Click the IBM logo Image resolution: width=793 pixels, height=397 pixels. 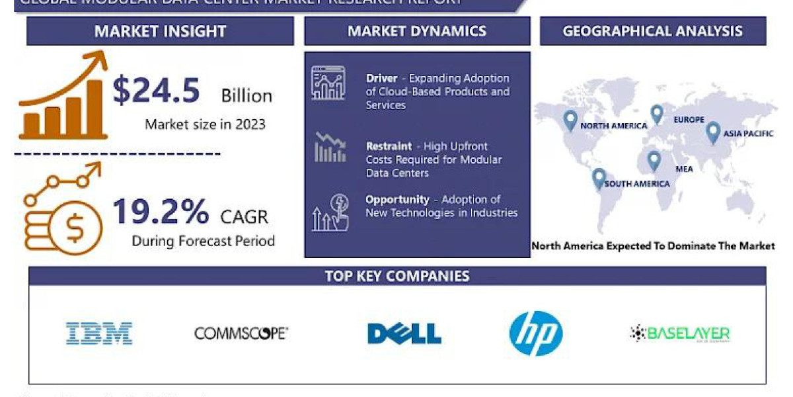pos(99,333)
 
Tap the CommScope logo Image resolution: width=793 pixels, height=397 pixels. pos(241,333)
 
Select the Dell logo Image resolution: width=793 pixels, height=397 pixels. pos(404,333)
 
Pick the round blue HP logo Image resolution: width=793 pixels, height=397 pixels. pos(536,333)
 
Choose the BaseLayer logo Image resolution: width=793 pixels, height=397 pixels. pos(680,334)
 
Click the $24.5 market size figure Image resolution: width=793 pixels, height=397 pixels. pos(156,91)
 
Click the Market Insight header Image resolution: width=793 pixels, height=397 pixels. pos(160,31)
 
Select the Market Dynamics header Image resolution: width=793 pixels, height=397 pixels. pos(417,31)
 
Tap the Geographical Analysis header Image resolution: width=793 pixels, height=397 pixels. pos(653,31)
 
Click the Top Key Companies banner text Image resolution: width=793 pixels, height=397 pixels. pos(397,276)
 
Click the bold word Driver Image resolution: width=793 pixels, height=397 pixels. pos(382,79)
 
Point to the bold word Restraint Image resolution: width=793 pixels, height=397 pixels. pos(389,146)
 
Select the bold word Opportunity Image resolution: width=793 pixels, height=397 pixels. pos(397,199)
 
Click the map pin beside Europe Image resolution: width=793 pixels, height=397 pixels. pos(657,114)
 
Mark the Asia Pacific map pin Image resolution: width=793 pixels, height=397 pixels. pos(712,132)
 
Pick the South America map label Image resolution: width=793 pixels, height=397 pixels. pos(637,183)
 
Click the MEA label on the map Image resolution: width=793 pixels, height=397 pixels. pos(684,169)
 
